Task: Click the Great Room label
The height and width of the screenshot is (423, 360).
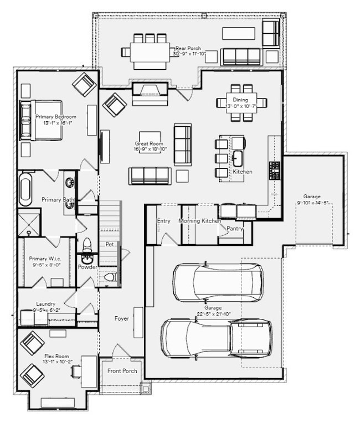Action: pyautogui.click(x=148, y=143)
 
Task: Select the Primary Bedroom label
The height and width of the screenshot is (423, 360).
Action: pyautogui.click(x=55, y=117)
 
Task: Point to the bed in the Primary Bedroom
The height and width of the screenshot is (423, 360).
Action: pyautogui.click(x=42, y=120)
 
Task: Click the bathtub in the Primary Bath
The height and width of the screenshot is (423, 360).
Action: pyautogui.click(x=25, y=189)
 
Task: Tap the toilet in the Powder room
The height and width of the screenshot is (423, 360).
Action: pyautogui.click(x=87, y=245)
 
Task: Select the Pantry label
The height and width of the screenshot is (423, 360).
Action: pyautogui.click(x=235, y=228)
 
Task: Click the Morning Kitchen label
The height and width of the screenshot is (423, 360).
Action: pyautogui.click(x=200, y=221)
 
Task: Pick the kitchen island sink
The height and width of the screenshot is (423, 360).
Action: pyautogui.click(x=238, y=158)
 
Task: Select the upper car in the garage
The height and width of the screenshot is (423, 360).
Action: pyautogui.click(x=218, y=282)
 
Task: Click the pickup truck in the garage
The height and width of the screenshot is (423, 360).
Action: pyautogui.click(x=216, y=338)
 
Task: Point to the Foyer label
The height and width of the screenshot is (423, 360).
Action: pyautogui.click(x=122, y=318)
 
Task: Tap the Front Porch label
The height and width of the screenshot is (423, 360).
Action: pyautogui.click(x=122, y=370)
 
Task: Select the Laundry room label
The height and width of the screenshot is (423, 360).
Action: pyautogui.click(x=45, y=304)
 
